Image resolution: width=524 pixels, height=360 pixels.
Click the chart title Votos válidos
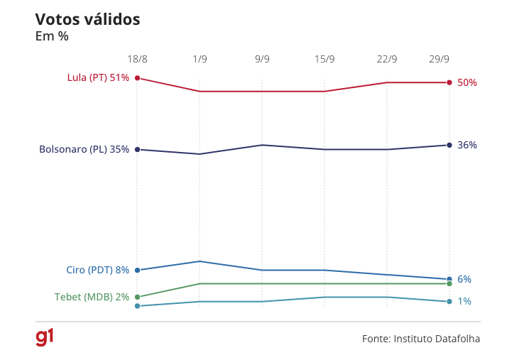(x=87, y=20)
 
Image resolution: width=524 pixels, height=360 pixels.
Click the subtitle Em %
(x=52, y=36)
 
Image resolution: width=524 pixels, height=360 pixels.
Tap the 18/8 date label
(x=137, y=59)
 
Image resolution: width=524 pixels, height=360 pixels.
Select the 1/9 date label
(x=200, y=59)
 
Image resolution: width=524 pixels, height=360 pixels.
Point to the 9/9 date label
(x=262, y=59)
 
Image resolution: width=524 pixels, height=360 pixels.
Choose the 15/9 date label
(x=324, y=59)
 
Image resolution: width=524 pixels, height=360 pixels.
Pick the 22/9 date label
(x=387, y=59)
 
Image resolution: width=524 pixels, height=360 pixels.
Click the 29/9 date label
(x=440, y=59)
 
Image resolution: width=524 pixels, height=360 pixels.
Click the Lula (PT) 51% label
(x=98, y=77)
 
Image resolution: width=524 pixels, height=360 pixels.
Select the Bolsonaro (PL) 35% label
(x=84, y=149)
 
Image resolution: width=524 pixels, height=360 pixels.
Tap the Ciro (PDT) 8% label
(x=97, y=270)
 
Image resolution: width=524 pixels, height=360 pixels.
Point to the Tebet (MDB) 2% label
(x=92, y=297)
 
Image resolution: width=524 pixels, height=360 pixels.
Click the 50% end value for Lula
(x=467, y=82)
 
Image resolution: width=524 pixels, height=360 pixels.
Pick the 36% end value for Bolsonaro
(x=467, y=145)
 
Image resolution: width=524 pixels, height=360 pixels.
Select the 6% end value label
(x=464, y=279)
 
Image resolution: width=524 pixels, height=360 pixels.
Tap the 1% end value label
(x=464, y=301)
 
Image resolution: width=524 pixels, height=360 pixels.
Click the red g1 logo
(x=45, y=337)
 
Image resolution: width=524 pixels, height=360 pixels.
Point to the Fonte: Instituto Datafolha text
(x=421, y=339)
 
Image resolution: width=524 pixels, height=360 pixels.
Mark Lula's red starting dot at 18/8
(x=137, y=78)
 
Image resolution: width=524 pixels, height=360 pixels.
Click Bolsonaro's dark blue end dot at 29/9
(x=449, y=145)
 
